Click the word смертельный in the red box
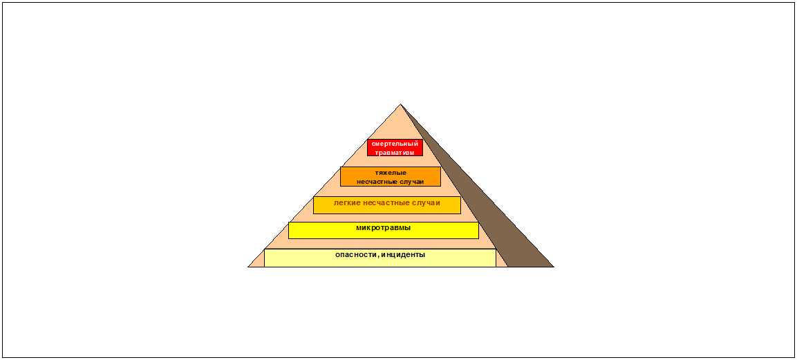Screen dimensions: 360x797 (x=395, y=144)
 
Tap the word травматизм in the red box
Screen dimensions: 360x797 (x=395, y=152)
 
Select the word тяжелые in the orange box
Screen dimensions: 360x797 (x=391, y=172)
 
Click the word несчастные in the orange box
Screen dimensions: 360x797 (x=377, y=181)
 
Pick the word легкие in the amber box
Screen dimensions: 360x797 (x=347, y=203)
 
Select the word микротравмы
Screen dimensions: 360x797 (x=383, y=227)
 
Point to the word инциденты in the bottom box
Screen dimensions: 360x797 (x=402, y=254)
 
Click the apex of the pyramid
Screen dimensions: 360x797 (x=400, y=105)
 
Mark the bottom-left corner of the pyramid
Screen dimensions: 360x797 (x=249, y=266)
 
